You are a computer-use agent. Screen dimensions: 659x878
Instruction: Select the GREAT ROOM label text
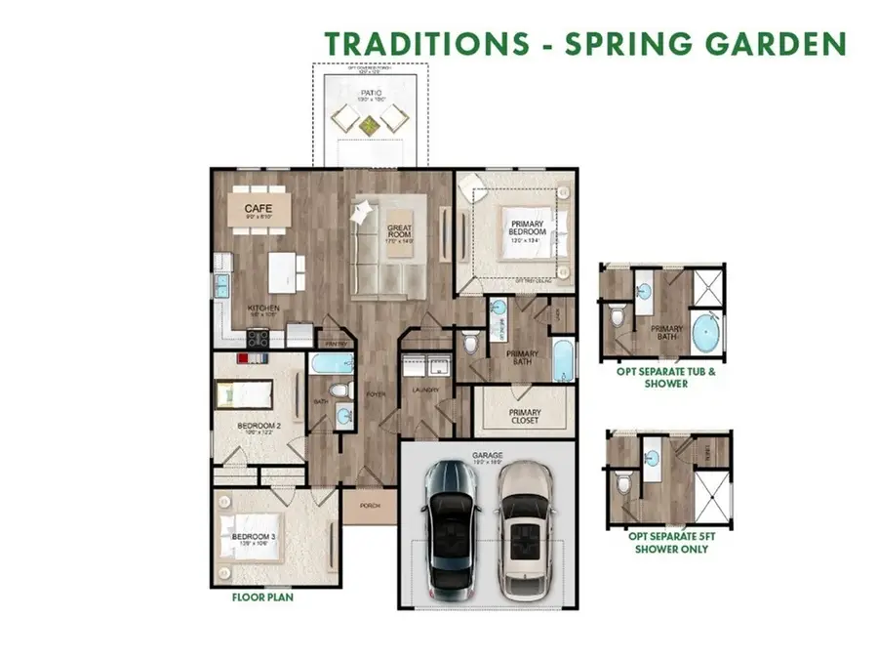click(400, 231)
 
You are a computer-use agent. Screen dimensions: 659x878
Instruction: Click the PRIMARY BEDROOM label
click(526, 228)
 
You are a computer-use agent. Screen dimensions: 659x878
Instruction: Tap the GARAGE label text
click(487, 454)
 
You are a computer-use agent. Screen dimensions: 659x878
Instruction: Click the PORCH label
click(371, 505)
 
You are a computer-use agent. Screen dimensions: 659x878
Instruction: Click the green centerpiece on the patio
click(370, 123)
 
